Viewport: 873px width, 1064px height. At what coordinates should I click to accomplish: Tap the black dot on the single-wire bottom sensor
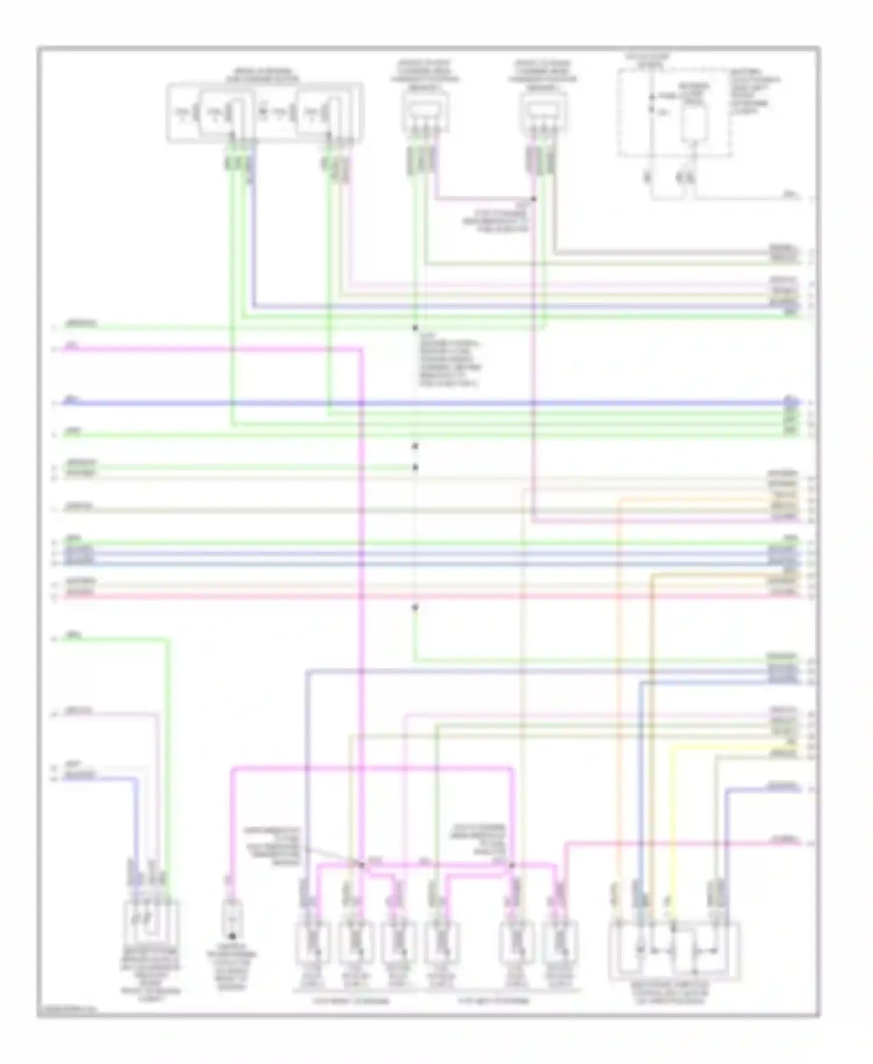point(232,937)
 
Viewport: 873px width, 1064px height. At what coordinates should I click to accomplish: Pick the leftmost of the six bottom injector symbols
point(313,942)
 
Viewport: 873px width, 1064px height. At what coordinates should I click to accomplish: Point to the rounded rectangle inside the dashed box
point(693,123)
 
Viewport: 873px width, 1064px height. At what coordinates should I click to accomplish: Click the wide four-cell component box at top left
point(265,112)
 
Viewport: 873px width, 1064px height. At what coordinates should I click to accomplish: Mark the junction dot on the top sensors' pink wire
point(533,199)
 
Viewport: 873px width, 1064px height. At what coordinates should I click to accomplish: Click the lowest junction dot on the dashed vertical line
point(415,607)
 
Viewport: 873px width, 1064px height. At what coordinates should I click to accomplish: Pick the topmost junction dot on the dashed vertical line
point(415,328)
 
